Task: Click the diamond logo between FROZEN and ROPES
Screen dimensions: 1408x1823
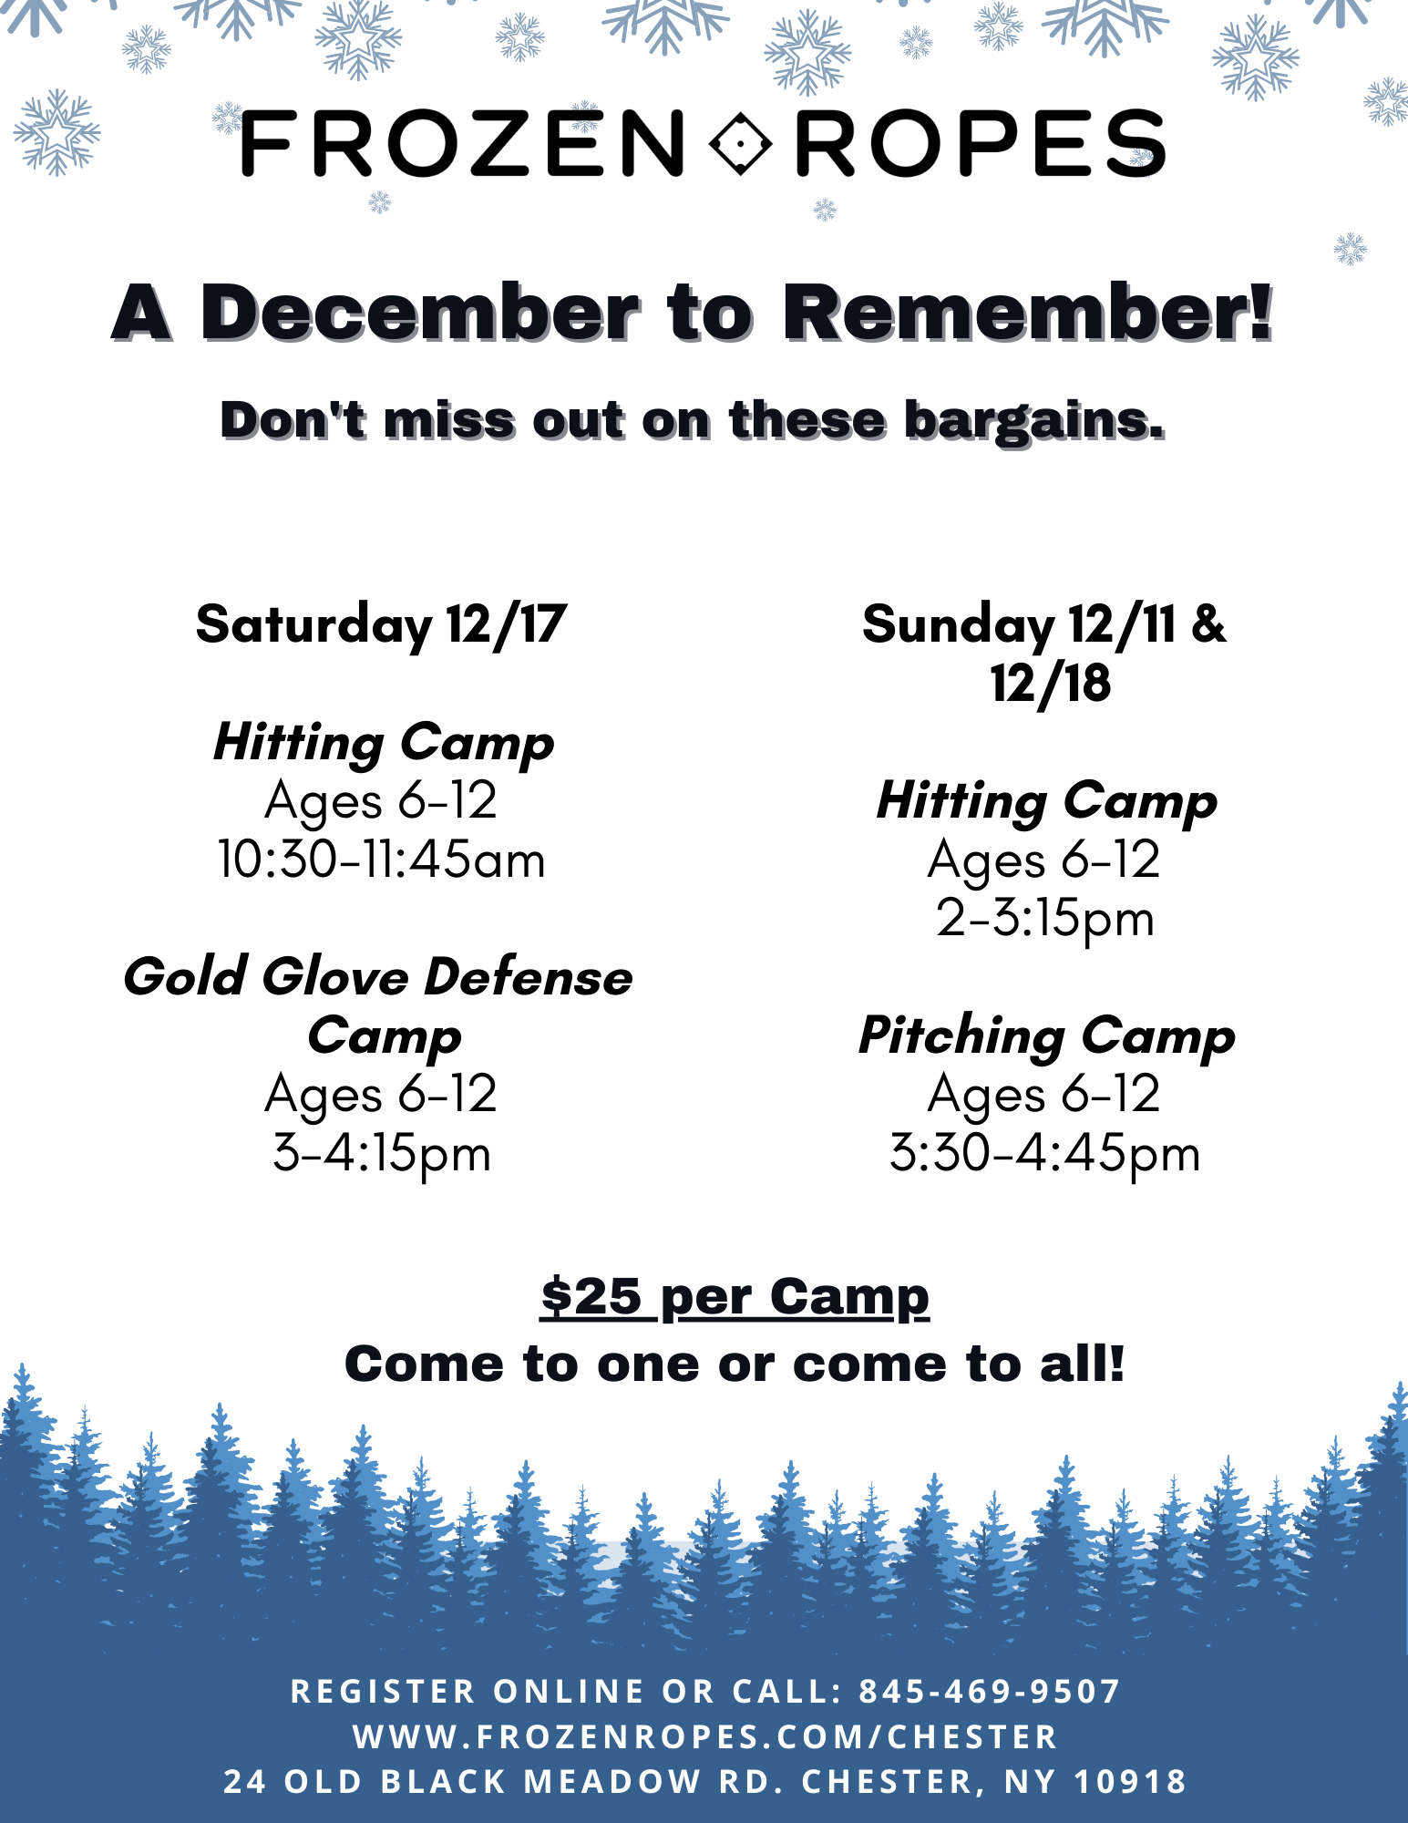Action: [740, 143]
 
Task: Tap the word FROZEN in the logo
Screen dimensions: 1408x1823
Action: [463, 143]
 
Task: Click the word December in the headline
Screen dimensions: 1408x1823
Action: [420, 313]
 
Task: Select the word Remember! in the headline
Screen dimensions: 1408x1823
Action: [1027, 313]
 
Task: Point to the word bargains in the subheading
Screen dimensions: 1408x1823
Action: [1034, 423]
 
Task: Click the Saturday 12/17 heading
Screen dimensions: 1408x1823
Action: [381, 625]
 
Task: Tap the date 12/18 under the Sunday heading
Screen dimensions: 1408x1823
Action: [1050, 684]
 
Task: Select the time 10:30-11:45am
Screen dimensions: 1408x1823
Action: [381, 860]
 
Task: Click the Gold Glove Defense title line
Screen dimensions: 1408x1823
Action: [378, 977]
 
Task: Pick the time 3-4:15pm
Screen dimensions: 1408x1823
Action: [382, 1154]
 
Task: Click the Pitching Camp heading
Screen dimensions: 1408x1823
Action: [1047, 1037]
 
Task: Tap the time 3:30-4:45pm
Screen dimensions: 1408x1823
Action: [1045, 1154]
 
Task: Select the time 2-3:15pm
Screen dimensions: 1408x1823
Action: [1045, 919]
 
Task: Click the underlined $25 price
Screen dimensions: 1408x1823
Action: [591, 1297]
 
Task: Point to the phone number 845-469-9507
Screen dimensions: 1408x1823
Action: [990, 1692]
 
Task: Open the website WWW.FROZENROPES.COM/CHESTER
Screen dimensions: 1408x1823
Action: [705, 1737]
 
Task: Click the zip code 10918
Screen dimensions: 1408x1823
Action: [1130, 1782]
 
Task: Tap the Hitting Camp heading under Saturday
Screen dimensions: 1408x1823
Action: [384, 744]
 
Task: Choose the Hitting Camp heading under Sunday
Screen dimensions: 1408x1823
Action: [1047, 803]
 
